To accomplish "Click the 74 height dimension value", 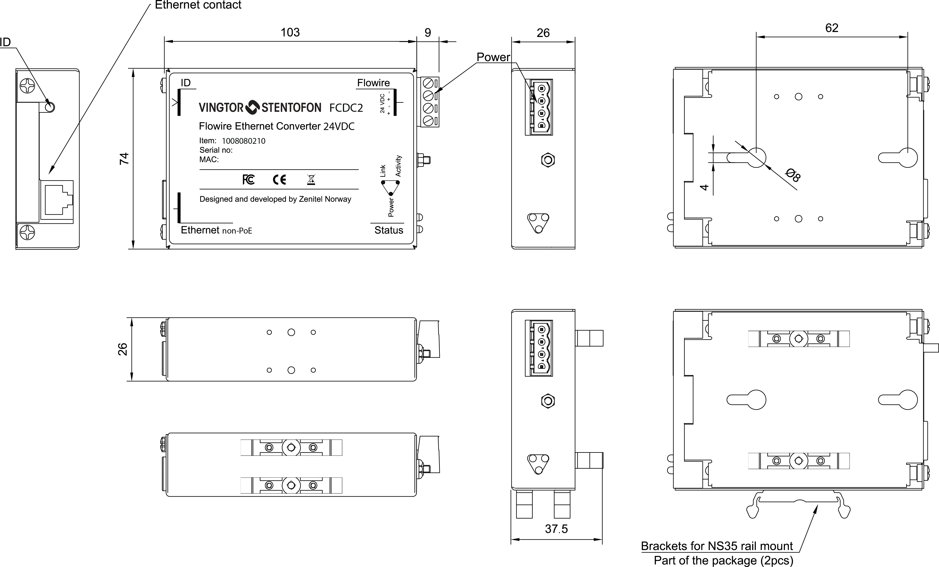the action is tap(124, 159).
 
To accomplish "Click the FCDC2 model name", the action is tap(346, 108).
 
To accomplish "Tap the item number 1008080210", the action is tap(243, 141).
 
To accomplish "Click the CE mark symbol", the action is tap(279, 179).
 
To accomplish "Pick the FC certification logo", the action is tap(248, 179).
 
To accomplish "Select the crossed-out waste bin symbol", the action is tap(311, 179).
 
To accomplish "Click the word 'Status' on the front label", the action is tap(389, 230).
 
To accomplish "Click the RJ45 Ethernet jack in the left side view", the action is tap(57, 200).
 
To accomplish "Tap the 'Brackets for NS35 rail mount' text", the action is tap(717, 546).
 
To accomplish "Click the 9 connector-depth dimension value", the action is tap(428, 33).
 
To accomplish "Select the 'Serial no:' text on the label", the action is tap(216, 150).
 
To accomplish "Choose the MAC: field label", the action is tap(209, 159).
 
